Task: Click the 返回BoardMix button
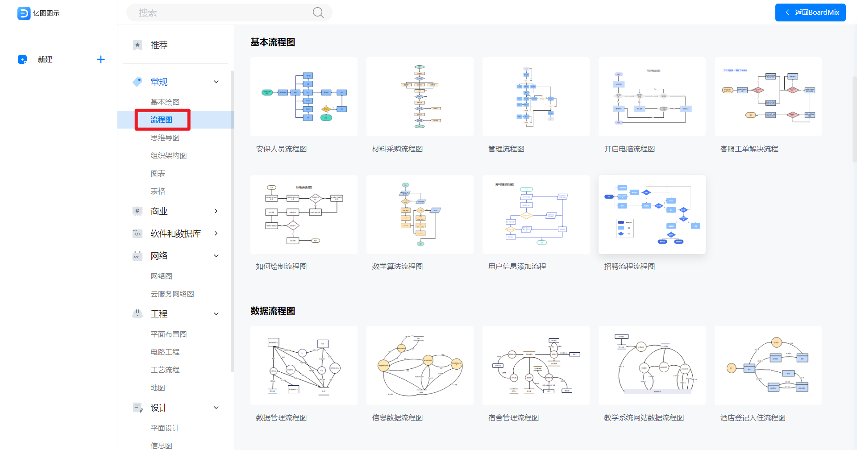point(810,12)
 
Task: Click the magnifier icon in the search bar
point(318,12)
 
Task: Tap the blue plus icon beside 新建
point(101,59)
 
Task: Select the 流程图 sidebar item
point(162,120)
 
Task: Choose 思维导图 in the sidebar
point(165,137)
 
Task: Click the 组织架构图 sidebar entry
point(168,155)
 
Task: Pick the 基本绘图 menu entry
point(165,102)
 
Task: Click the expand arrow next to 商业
point(216,211)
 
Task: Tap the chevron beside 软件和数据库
point(216,233)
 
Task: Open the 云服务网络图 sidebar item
point(172,294)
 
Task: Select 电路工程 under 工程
point(165,352)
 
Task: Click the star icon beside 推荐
point(137,45)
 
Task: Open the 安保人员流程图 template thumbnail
point(304,96)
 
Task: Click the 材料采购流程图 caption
point(397,149)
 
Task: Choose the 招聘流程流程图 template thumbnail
point(652,214)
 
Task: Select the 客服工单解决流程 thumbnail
point(768,96)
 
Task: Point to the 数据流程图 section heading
point(273,311)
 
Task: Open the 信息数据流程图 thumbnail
point(420,366)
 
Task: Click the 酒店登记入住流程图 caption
point(753,417)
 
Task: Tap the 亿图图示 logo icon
point(24,13)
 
